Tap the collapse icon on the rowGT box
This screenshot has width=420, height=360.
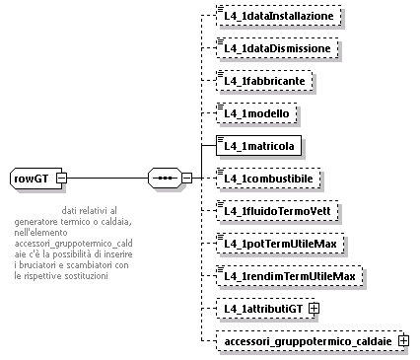(61, 179)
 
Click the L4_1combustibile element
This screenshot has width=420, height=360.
(271, 179)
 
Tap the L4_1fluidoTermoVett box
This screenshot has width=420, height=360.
(279, 211)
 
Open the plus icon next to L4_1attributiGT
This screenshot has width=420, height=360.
(314, 308)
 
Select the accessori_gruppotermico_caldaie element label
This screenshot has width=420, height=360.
(306, 340)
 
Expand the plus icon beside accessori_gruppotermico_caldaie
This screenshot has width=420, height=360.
(402, 340)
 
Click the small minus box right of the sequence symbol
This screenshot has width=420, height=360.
(187, 179)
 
